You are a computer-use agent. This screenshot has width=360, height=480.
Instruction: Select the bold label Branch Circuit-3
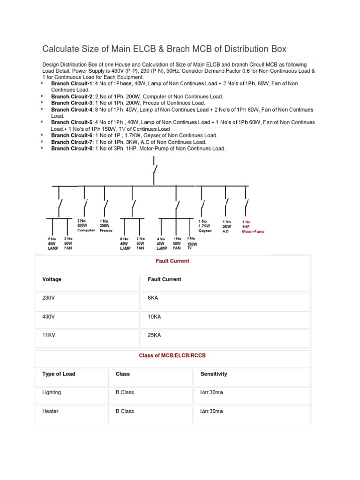click(72, 103)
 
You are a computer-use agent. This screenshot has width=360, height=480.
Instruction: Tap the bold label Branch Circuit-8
click(72, 149)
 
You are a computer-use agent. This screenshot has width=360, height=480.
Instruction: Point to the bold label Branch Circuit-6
click(72, 135)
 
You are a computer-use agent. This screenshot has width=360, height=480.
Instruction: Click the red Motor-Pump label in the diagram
click(253, 231)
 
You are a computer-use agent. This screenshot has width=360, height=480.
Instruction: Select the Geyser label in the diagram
click(205, 231)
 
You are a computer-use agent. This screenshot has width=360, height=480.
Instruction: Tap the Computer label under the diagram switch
click(86, 230)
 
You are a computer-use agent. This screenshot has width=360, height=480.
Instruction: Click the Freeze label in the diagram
click(106, 230)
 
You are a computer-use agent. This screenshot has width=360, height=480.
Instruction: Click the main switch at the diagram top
click(154, 170)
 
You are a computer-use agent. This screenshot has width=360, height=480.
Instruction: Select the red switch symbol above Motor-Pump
click(246, 205)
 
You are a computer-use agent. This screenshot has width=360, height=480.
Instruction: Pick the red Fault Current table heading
click(172, 261)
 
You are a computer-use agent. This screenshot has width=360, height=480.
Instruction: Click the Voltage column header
click(52, 279)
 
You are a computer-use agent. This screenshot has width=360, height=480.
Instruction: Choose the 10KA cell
click(154, 317)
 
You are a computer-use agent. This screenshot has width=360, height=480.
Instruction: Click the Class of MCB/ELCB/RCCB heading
click(172, 356)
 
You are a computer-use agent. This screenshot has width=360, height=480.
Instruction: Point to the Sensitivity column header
click(214, 374)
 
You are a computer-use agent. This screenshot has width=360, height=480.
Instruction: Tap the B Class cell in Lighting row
click(125, 393)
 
